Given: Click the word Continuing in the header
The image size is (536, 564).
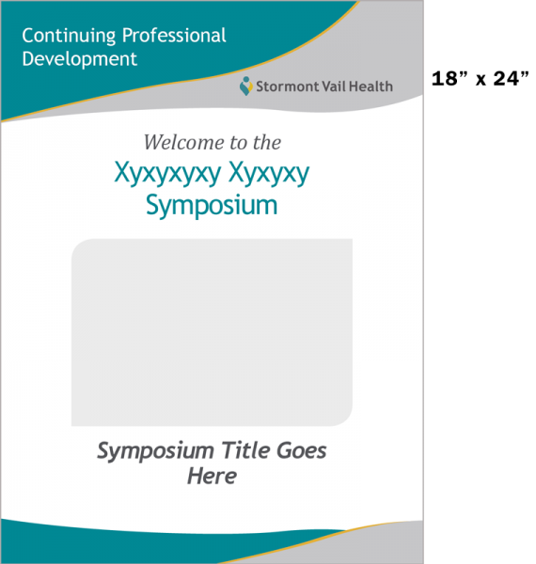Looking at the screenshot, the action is [69, 37].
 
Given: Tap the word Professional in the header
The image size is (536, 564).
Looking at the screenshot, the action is [174, 36].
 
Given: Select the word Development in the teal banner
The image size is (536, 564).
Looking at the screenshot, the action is [80, 59].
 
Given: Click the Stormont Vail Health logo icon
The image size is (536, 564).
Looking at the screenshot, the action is [246, 86].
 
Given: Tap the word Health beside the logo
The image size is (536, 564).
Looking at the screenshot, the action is [370, 86].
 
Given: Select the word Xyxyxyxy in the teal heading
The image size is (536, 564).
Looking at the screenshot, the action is [167, 174].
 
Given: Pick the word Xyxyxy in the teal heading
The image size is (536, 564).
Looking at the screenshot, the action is [269, 174].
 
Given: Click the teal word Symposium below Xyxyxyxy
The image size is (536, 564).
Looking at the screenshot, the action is [212, 206].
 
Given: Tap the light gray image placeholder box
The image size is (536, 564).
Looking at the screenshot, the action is [212, 332].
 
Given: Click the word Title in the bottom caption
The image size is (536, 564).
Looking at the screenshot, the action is [245, 450].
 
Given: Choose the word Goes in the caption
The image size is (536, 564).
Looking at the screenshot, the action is [302, 450].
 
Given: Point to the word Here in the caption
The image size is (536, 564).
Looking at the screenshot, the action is [212, 476].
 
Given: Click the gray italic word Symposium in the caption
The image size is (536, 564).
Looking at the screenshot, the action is [155, 451].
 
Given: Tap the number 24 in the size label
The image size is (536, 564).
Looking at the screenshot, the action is [511, 78].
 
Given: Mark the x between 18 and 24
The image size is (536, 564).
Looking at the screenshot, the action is [481, 81].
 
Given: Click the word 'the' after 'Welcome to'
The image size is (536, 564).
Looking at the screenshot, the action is [267, 142].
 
